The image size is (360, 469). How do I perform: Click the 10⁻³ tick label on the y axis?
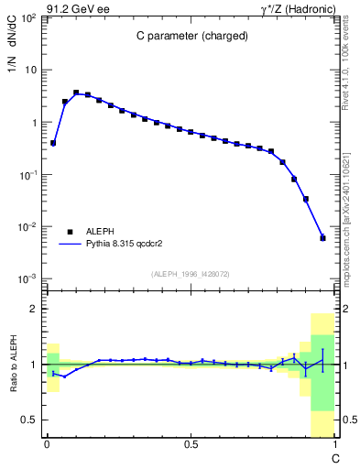(28, 278)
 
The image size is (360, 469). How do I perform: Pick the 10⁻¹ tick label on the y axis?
(28, 174)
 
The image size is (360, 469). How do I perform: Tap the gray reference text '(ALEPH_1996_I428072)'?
(190, 274)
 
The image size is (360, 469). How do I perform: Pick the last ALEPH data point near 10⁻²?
(322, 237)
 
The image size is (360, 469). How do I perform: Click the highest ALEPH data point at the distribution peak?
(76, 93)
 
